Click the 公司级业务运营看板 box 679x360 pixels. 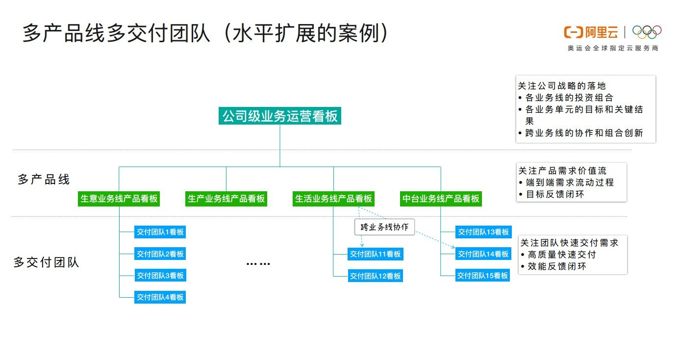click(x=280, y=116)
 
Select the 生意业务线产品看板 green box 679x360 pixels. click(x=119, y=199)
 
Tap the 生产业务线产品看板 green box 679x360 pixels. click(x=226, y=199)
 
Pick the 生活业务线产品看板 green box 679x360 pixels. click(x=333, y=199)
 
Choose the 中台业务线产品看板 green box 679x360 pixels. click(x=441, y=199)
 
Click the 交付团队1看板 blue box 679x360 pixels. click(x=160, y=232)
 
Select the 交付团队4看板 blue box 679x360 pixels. click(x=160, y=297)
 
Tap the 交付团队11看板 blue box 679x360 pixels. click(x=375, y=254)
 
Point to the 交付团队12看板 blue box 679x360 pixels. click(x=375, y=276)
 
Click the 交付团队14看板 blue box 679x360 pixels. click(x=483, y=254)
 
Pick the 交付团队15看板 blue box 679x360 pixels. click(x=483, y=276)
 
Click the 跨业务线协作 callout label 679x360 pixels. click(x=384, y=227)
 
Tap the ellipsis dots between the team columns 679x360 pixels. click(x=258, y=264)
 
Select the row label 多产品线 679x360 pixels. click(x=44, y=180)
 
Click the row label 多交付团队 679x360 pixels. click(x=46, y=262)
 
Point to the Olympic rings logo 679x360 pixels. click(x=647, y=32)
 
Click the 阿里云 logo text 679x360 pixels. click(x=601, y=32)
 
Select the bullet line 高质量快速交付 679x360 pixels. click(x=562, y=255)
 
